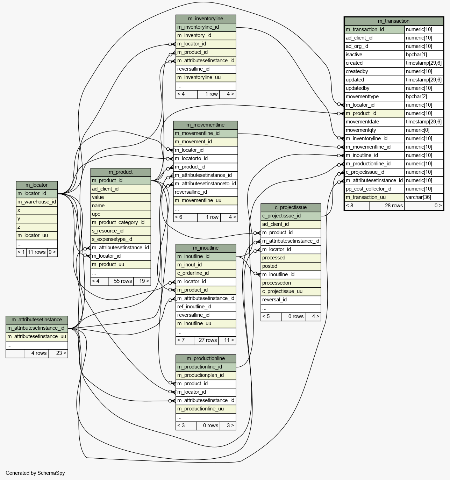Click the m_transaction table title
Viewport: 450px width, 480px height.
(x=393, y=21)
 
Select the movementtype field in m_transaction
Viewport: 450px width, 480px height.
(x=362, y=96)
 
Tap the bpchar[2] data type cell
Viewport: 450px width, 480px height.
(x=416, y=96)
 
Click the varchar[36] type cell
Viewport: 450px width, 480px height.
(x=418, y=197)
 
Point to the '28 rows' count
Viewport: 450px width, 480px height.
(x=394, y=206)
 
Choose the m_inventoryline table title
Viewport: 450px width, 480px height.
(x=206, y=19)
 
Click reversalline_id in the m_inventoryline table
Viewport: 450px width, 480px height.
(x=193, y=69)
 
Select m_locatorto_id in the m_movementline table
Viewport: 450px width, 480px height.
(x=191, y=158)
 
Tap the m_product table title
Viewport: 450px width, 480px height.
(x=121, y=172)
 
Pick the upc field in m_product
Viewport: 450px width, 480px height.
(x=96, y=214)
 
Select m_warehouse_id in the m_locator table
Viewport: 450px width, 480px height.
(x=37, y=202)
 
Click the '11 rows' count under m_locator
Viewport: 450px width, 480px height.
(x=37, y=252)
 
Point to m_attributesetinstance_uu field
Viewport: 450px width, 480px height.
(x=37, y=336)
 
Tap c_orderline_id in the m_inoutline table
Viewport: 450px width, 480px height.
(x=193, y=273)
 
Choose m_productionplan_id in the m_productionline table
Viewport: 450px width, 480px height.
(x=200, y=375)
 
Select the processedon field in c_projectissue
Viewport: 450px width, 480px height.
(x=277, y=283)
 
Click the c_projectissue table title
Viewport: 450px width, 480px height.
(x=291, y=207)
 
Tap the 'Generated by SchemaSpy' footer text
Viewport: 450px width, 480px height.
(x=35, y=473)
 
